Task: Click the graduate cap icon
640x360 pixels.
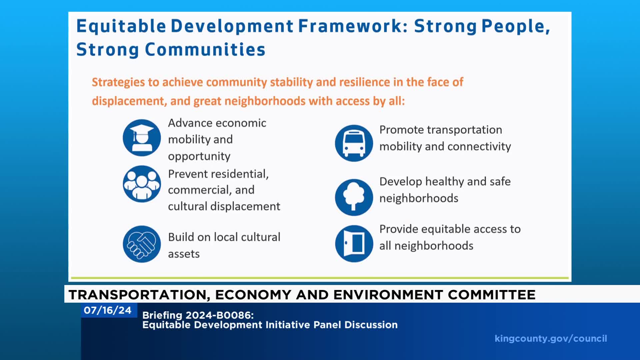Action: [142, 138]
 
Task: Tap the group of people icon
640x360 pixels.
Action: [142, 184]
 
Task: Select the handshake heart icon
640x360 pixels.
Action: [142, 244]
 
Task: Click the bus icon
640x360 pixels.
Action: [354, 143]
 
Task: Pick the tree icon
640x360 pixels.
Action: [354, 197]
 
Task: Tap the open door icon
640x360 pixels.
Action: [354, 243]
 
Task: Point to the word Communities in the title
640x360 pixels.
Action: [205, 50]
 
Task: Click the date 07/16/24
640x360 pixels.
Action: [108, 310]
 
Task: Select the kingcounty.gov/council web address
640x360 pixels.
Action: [551, 339]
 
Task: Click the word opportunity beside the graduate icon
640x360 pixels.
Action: [199, 156]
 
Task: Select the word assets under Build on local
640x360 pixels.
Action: [184, 254]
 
